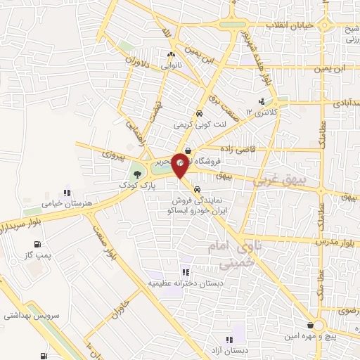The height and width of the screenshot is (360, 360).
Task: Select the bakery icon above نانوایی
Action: [170, 54]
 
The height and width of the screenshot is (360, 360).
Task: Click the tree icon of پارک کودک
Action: [136, 174]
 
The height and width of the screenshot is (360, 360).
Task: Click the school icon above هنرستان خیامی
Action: [67, 192]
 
